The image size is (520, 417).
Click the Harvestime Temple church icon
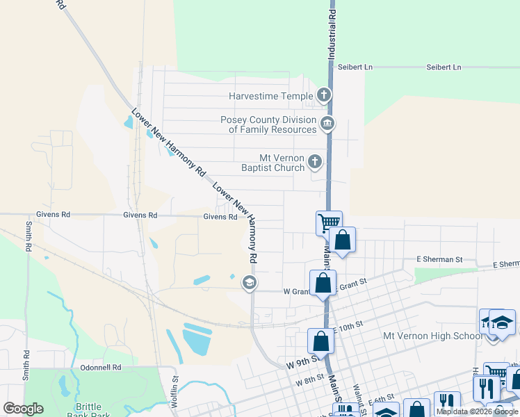[323, 95]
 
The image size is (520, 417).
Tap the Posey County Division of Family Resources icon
[327, 124]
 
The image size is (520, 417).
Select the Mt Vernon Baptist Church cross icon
[315, 163]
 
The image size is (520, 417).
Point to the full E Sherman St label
[439, 259]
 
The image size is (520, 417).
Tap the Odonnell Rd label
[101, 367]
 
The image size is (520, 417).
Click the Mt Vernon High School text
[431, 336]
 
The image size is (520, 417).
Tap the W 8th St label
[309, 382]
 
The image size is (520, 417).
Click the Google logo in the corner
[23, 409]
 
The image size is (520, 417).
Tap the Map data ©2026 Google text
[477, 411]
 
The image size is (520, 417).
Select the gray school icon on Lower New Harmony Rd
[248, 282]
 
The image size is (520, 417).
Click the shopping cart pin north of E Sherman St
[329, 223]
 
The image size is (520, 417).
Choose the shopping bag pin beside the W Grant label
[323, 283]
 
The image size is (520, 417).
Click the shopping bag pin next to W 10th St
[320, 341]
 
